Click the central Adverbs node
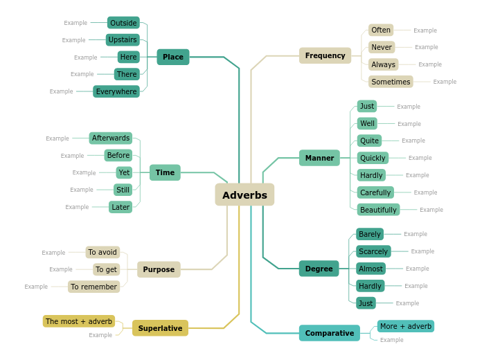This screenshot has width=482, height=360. click(x=244, y=195)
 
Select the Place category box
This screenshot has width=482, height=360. click(x=173, y=57)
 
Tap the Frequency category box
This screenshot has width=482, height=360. click(x=325, y=55)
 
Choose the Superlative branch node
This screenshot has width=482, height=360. click(x=160, y=328)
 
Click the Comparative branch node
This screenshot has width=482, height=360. click(x=330, y=333)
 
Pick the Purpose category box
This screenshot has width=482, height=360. click(x=159, y=269)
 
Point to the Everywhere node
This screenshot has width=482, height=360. click(x=116, y=91)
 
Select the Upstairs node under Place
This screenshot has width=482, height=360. click(x=123, y=39)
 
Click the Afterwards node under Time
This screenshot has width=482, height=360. click(x=111, y=138)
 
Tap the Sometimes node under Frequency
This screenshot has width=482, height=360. click(x=391, y=82)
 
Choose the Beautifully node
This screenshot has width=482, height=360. click(x=378, y=210)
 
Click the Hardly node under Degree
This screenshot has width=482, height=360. click(x=371, y=286)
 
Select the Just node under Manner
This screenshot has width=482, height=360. click(x=367, y=106)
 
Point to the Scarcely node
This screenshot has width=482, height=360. click(x=373, y=251)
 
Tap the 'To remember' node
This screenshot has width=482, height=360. click(x=93, y=287)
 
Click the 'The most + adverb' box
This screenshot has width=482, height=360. click(x=79, y=321)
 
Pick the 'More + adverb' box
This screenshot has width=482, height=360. click(x=406, y=326)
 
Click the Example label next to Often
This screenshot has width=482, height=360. click(x=425, y=30)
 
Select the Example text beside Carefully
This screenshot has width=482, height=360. click(x=425, y=192)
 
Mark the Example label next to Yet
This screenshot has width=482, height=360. click(x=84, y=172)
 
